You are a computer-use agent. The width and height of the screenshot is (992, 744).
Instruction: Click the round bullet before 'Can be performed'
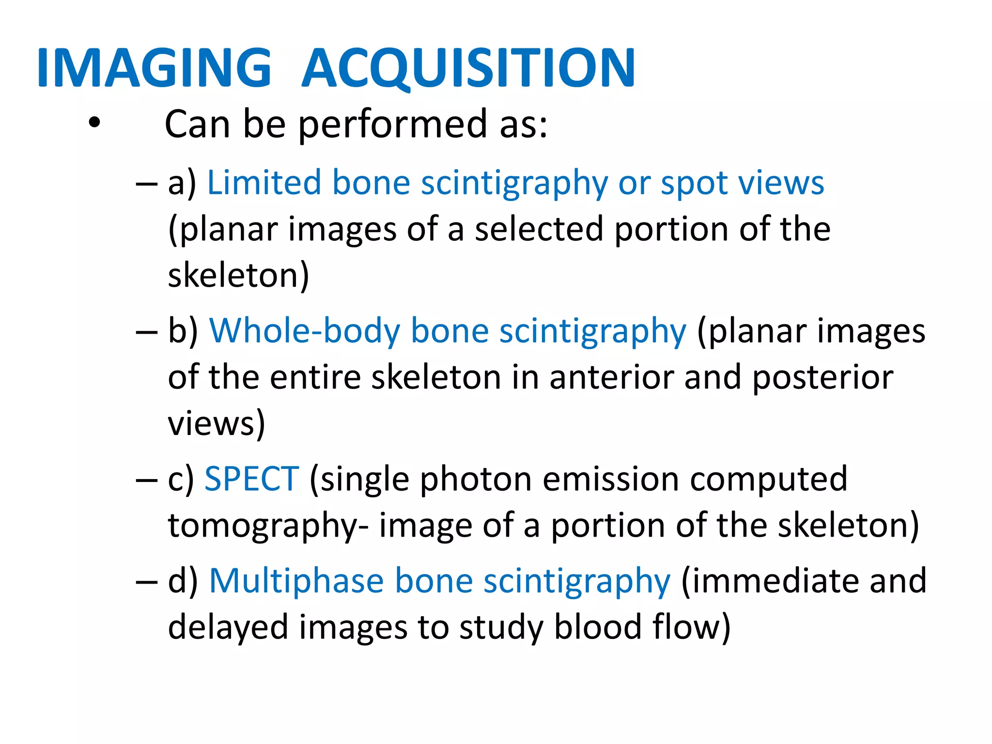pos(94,123)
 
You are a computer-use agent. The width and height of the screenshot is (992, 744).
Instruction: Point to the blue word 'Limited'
pos(264,183)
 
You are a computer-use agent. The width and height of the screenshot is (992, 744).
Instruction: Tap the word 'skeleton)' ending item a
pos(238,275)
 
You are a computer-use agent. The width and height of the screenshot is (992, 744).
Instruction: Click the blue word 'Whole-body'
pos(304,332)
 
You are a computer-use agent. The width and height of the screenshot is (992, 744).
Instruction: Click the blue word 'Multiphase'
pos(296,581)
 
